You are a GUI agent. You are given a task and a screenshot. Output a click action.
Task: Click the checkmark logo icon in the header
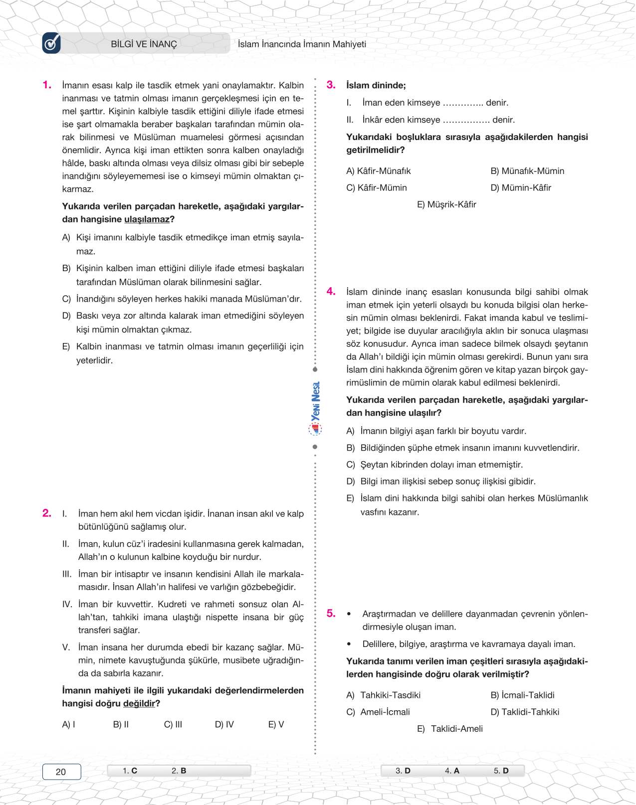[51, 43]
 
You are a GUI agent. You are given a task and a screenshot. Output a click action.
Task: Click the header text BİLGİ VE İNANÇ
[144, 44]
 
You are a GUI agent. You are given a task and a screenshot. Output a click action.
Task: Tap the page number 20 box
[61, 772]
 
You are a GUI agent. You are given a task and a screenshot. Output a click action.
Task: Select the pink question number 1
[47, 85]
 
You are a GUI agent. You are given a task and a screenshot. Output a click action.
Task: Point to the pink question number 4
[331, 292]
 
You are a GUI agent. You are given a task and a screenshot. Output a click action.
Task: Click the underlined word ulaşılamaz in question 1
[147, 219]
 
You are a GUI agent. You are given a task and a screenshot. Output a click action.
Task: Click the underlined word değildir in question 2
[139, 703]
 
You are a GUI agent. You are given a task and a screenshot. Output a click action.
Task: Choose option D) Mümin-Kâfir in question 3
[521, 188]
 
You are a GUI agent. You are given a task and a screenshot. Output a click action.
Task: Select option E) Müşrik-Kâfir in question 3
[446, 204]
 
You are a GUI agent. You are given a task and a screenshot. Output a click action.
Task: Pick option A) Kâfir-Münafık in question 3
[379, 171]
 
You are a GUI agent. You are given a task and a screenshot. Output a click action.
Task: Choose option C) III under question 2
[173, 724]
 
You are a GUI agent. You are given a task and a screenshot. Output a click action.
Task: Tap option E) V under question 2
[276, 724]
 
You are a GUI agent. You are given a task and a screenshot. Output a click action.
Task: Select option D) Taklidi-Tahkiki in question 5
[525, 712]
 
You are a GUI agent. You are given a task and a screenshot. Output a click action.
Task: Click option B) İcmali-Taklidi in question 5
[522, 695]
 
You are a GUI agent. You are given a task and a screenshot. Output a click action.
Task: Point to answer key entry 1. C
[130, 771]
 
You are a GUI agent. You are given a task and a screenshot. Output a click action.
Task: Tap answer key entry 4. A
[452, 771]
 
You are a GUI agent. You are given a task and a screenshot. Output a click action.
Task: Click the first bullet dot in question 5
[349, 614]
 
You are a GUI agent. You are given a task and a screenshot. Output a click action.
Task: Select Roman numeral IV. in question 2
[67, 604]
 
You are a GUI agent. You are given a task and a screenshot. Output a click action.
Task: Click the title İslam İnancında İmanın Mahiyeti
[302, 44]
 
